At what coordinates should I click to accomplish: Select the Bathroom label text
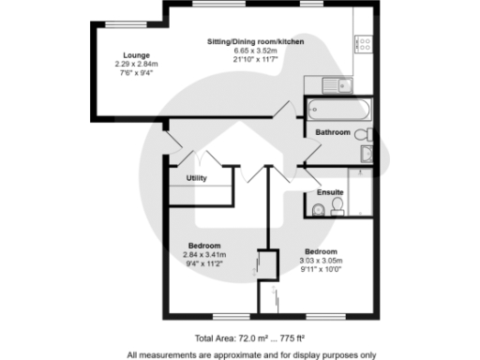tap(333, 132)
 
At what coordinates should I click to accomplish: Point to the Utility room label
tap(196, 177)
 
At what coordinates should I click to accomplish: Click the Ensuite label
tap(329, 193)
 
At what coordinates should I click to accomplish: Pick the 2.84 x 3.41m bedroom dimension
tap(204, 254)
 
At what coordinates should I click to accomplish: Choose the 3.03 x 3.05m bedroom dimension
tap(321, 261)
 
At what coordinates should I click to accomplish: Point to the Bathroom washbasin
tap(367, 155)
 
